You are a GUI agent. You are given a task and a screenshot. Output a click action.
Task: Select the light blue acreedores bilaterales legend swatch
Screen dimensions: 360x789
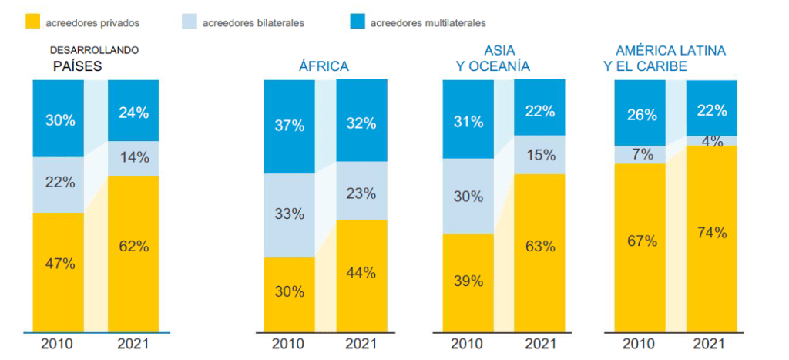[188, 22]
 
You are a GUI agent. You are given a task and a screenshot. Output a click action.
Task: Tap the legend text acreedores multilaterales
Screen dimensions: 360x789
[427, 23]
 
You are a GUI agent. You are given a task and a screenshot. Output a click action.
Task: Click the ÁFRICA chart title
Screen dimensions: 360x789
[324, 66]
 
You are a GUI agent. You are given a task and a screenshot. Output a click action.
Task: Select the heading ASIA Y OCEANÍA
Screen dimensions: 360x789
[492, 59]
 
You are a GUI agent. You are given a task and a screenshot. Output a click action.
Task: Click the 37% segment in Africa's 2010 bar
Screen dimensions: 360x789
[289, 126]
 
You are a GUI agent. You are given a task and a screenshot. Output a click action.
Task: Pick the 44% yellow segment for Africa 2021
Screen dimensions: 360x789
[361, 272]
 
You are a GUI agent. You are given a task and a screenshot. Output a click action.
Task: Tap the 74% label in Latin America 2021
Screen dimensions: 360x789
[711, 232]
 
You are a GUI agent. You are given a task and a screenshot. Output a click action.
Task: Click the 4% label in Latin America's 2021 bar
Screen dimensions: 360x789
[711, 141]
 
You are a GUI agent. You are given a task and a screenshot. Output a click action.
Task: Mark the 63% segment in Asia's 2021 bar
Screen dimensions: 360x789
[539, 247]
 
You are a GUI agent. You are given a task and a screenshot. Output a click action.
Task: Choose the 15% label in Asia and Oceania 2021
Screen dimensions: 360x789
[539, 154]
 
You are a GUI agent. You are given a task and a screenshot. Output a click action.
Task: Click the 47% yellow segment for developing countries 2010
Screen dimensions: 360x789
[59, 263]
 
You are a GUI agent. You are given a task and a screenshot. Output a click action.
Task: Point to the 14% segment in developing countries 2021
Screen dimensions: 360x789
[133, 158]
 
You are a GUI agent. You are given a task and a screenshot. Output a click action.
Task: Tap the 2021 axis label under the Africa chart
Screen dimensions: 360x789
[361, 343]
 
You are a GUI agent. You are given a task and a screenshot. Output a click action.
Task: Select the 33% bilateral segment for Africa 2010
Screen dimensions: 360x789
[289, 214]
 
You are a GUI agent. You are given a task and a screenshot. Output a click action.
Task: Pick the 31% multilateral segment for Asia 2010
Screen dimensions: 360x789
[468, 122]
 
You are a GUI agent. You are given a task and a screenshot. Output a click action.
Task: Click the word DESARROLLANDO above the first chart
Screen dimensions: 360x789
[94, 50]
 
